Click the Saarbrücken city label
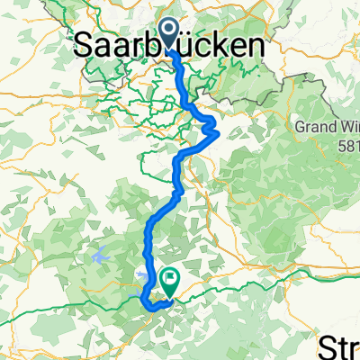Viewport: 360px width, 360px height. click(170, 45)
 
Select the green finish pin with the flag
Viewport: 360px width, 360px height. click(168, 283)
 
